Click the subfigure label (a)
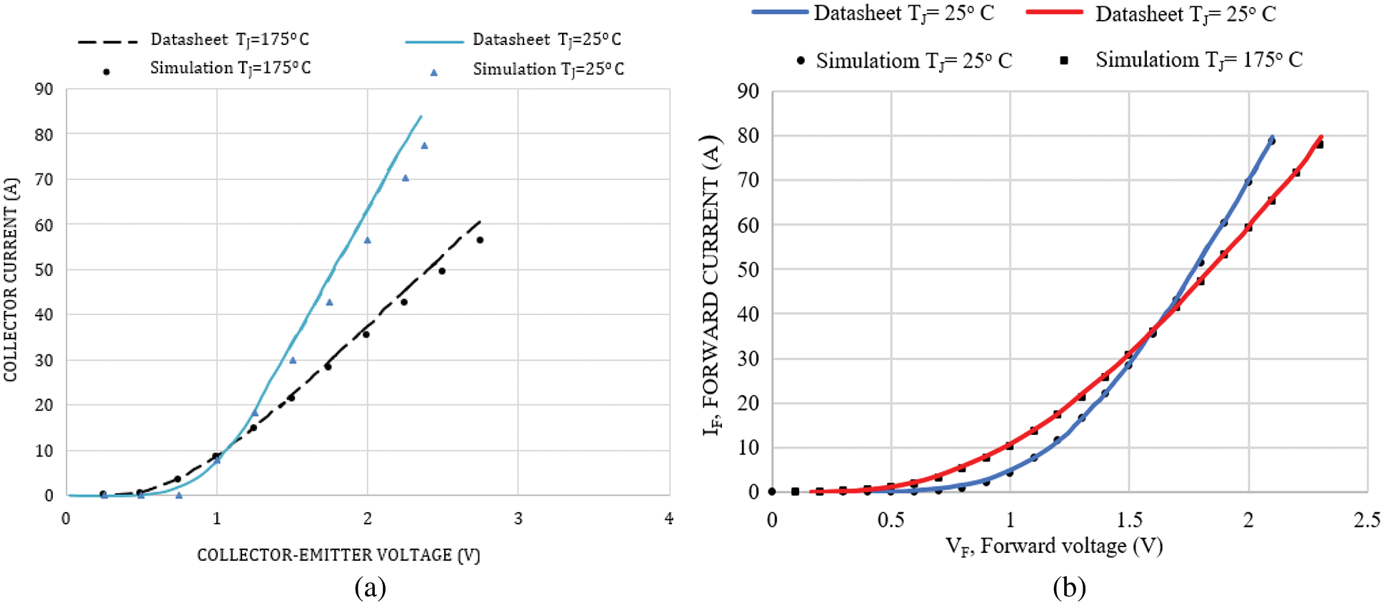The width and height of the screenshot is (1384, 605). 370,588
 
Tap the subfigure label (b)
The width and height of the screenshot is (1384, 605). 1069,588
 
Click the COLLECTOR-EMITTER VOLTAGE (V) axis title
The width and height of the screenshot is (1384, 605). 339,555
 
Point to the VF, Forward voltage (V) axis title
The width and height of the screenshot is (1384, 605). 1054,546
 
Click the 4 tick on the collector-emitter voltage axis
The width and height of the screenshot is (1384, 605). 668,519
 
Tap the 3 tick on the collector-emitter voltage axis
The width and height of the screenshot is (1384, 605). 518,519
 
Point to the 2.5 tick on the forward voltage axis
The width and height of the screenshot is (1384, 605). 1366,520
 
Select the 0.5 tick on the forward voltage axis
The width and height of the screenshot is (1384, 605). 891,520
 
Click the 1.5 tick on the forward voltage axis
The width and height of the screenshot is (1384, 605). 1129,520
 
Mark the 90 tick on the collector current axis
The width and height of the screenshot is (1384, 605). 44,89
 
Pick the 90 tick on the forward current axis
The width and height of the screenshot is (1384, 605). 748,91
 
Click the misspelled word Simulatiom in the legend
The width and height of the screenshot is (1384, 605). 868,61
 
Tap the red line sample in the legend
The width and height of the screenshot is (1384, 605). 1054,12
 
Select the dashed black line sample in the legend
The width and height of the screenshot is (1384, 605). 107,41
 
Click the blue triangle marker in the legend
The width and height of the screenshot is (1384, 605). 433,72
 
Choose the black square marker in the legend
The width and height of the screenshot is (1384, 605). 1064,61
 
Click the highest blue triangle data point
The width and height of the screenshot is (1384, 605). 424,146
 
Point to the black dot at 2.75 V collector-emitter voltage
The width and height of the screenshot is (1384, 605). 480,240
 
